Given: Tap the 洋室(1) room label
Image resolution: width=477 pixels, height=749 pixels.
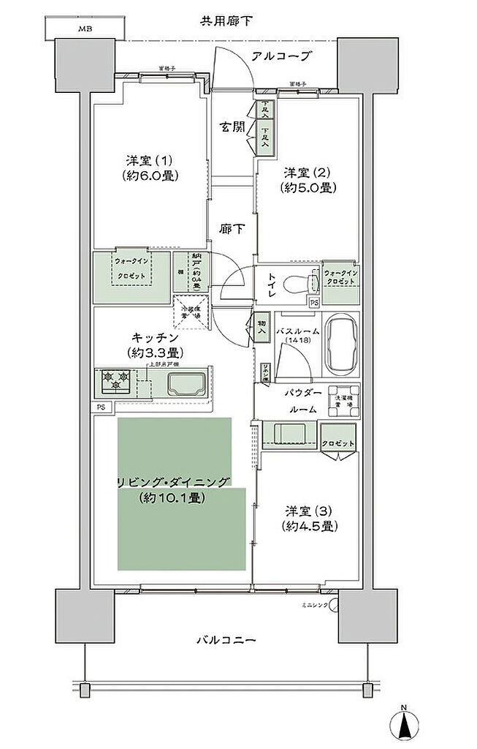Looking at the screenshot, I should click(x=152, y=168).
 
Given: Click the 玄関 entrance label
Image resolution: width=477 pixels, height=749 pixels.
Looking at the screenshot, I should click(x=232, y=127).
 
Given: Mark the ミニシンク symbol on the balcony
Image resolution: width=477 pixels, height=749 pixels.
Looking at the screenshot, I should click(x=334, y=606).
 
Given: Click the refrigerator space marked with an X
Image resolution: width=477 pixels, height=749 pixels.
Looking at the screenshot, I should click(x=191, y=313).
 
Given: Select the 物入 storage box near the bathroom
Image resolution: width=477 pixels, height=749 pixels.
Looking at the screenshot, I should click(x=262, y=326).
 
